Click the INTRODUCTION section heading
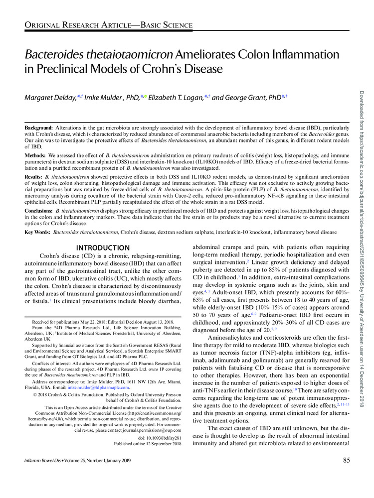pyautogui.click(x=103, y=248)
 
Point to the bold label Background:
pyautogui.click(x=39, y=128)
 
